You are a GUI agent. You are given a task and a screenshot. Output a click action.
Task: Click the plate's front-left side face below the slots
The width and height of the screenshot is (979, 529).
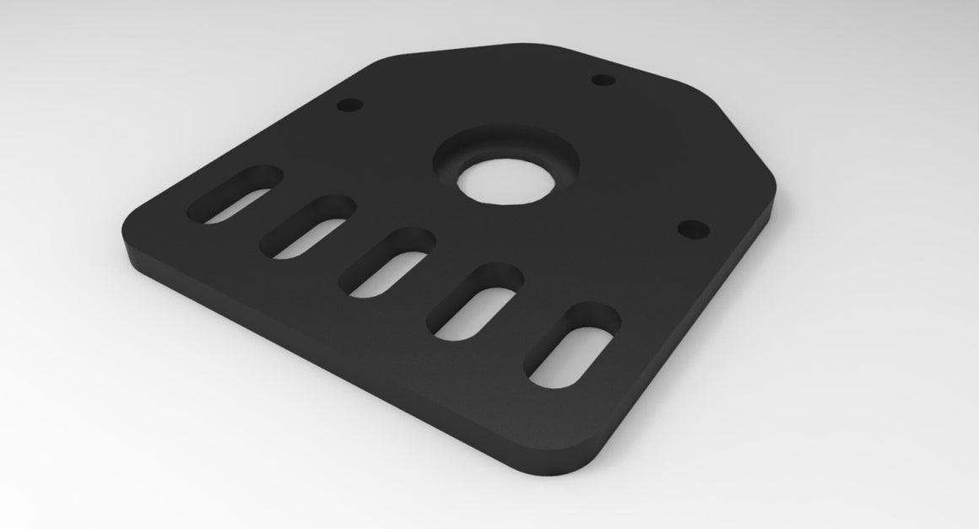(338, 354)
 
